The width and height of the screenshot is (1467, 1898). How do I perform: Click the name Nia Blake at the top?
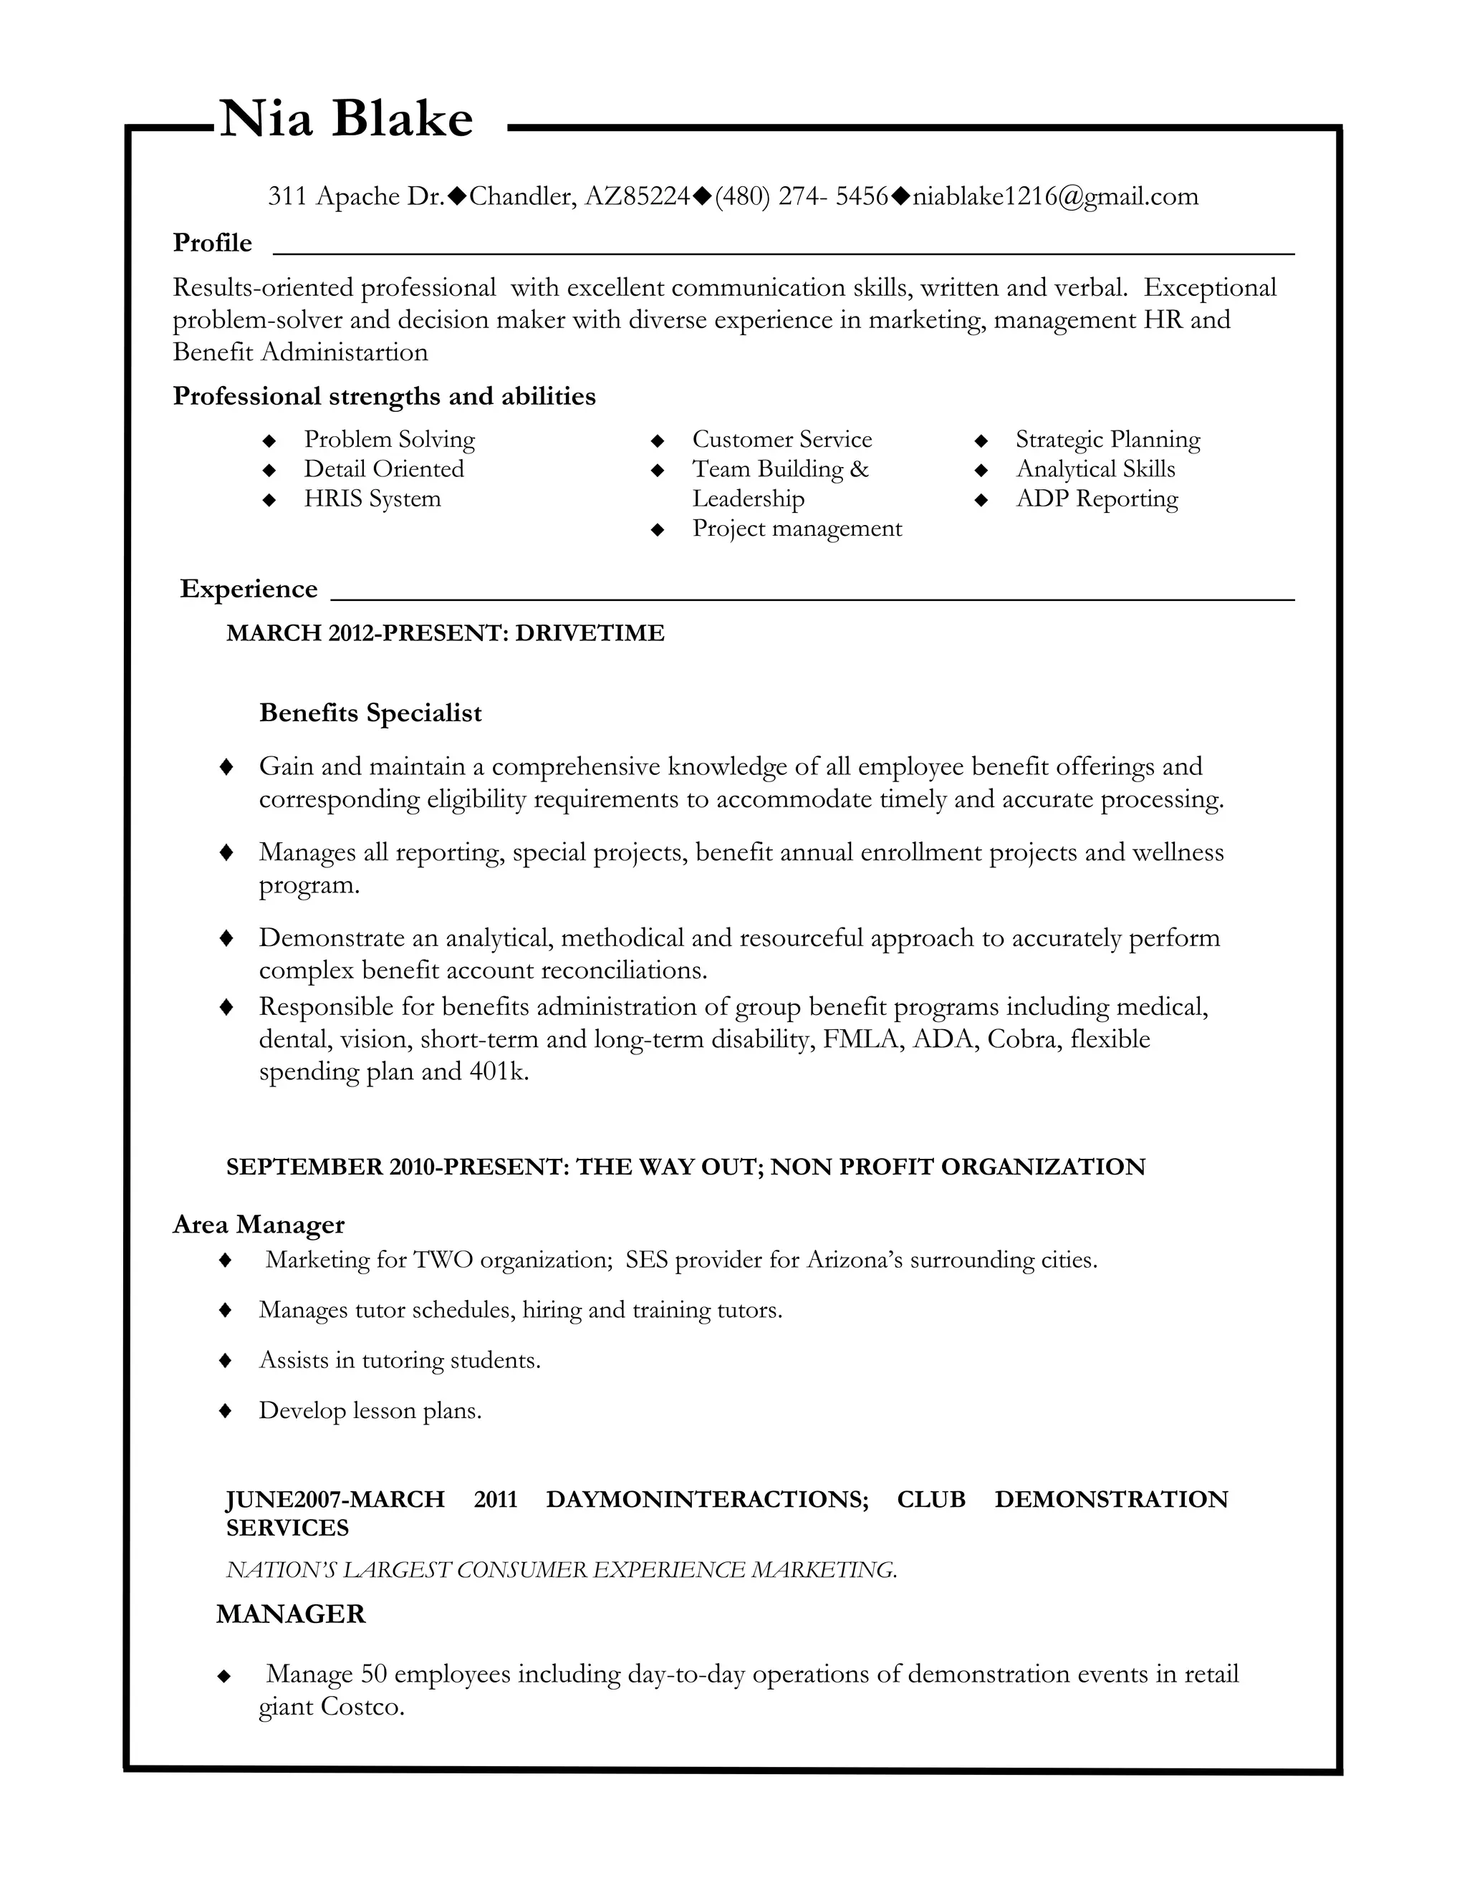click(x=346, y=118)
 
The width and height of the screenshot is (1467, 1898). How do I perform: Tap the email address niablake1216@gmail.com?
click(x=1055, y=196)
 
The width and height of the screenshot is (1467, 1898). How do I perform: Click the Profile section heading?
click(x=212, y=243)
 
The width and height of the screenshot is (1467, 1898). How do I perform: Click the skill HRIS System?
click(x=372, y=498)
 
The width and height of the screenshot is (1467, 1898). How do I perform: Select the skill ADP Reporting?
click(x=1097, y=498)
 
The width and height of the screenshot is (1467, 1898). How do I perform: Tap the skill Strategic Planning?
click(x=1107, y=439)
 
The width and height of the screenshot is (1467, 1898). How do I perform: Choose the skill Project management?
click(x=797, y=529)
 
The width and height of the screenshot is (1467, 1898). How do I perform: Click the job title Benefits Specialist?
click(x=370, y=713)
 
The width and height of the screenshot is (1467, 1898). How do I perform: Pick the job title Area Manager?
click(x=258, y=1225)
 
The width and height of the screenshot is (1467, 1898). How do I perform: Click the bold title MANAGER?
click(x=290, y=1614)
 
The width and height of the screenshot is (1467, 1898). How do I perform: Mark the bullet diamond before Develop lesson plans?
click(x=226, y=1410)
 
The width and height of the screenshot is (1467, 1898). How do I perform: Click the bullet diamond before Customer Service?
click(x=658, y=440)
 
